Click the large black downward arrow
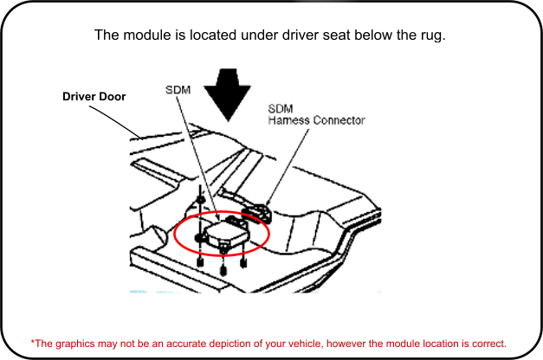pyautogui.click(x=228, y=93)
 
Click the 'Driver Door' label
pyautogui.click(x=94, y=97)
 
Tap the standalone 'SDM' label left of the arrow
pyautogui.click(x=178, y=90)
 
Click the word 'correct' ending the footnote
pyautogui.click(x=488, y=342)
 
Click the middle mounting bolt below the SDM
pyautogui.click(x=224, y=270)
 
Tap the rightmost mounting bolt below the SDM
pyautogui.click(x=244, y=262)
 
